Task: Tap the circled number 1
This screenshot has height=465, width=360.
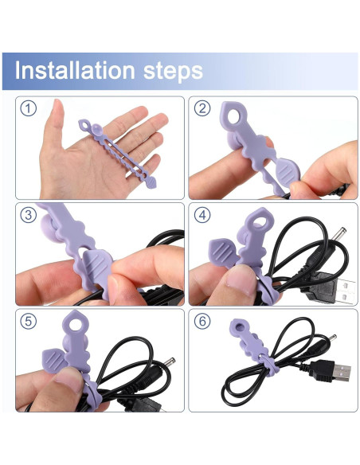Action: tap(29, 109)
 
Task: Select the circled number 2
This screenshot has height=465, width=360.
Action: tap(202, 109)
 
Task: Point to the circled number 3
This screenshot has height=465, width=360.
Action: tap(29, 215)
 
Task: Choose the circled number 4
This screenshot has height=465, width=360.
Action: tap(202, 215)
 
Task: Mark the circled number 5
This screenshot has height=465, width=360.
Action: tap(29, 322)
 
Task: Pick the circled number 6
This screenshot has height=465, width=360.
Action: tap(202, 322)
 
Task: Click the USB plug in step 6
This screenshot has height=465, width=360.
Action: tap(337, 370)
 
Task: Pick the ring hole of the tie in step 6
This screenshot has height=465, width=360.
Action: tap(238, 326)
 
